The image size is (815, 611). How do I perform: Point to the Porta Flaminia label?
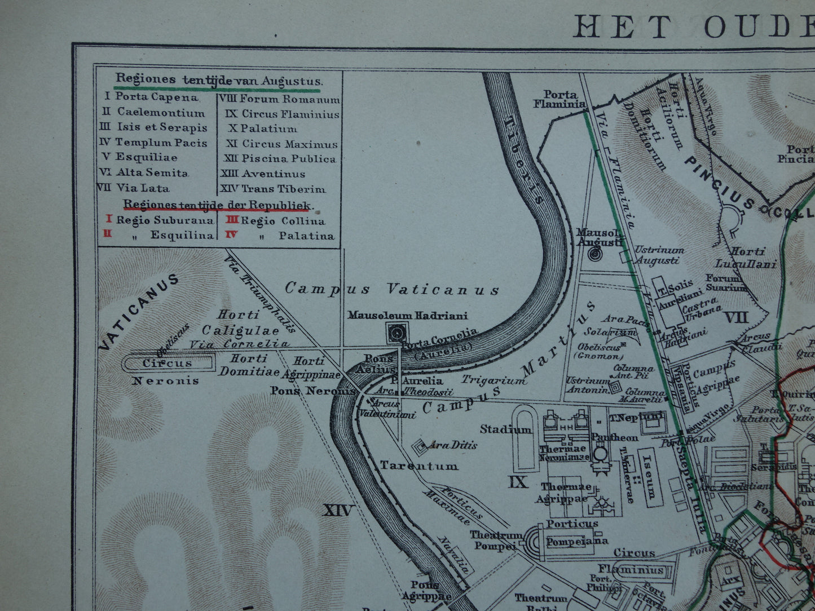[x=560, y=99]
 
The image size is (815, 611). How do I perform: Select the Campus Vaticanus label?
[x=392, y=290]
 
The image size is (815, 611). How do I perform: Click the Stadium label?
[x=505, y=430]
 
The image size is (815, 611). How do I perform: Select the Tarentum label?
[x=418, y=466]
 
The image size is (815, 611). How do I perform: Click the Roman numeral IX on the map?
[x=518, y=482]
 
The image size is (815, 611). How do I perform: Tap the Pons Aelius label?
[x=380, y=364]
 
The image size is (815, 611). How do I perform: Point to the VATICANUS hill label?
[x=139, y=312]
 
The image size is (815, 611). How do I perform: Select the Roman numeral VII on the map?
[x=736, y=317]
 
